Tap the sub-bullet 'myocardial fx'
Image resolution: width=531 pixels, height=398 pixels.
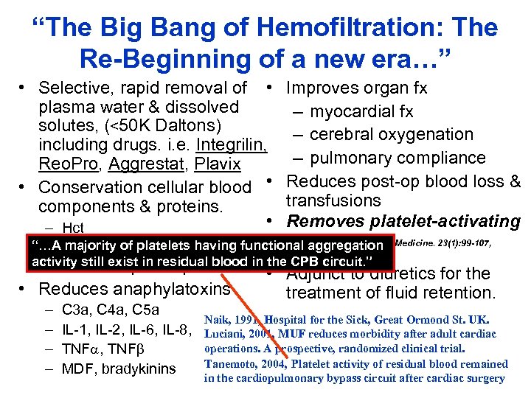pos(361,111)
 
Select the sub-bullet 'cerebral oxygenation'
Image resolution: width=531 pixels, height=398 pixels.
pos(391,134)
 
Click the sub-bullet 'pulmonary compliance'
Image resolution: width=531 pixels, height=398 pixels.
pos(398,158)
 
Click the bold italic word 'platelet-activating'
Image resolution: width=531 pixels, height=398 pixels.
pos(442,221)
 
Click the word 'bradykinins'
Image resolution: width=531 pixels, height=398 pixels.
pos(140,369)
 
